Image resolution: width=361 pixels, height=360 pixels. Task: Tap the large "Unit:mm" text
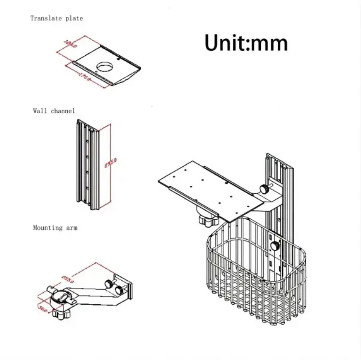[x=246, y=43]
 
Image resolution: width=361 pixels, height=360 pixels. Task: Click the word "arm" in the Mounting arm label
[x=71, y=228]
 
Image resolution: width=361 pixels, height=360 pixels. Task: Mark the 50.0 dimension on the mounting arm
[x=42, y=308]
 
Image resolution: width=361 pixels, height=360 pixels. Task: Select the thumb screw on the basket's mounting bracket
[x=275, y=245]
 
